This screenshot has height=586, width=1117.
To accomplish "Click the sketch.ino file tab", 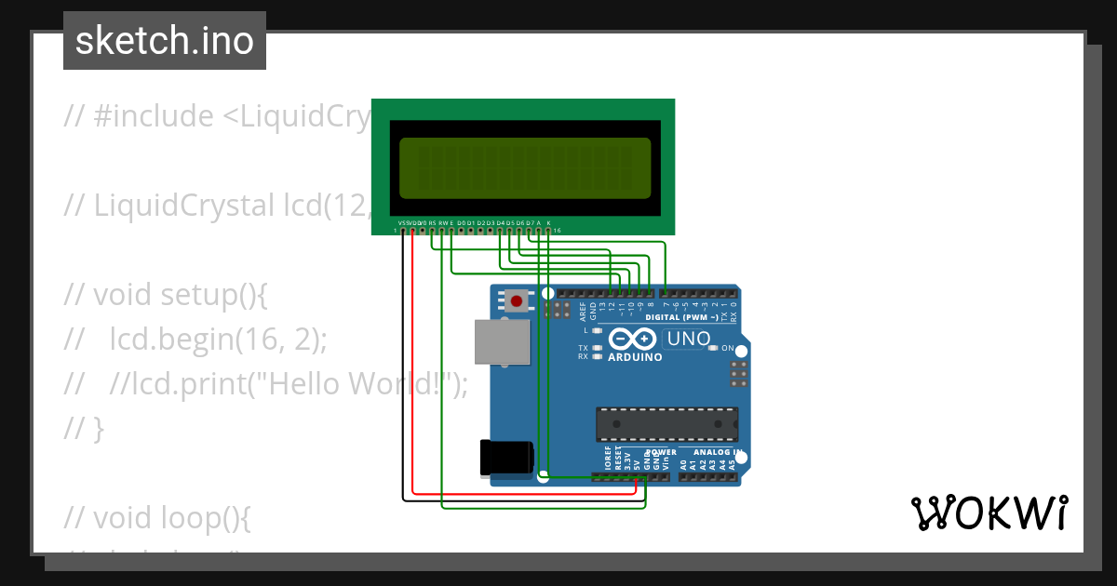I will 165,41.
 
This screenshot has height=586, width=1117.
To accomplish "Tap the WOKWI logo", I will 989,513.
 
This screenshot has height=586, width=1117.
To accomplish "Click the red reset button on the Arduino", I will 516,300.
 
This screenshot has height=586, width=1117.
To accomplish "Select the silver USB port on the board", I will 499,341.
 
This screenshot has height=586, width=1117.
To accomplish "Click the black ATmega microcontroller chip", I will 666,424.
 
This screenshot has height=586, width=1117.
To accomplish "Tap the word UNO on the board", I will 689,339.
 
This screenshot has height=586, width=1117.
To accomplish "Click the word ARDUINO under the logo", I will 635,357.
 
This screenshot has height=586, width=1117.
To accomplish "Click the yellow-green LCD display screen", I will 524,168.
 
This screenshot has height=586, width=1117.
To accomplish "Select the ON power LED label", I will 728,348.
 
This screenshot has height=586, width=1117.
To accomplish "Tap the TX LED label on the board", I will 583,347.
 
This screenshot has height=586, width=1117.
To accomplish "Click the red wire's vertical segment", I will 412,363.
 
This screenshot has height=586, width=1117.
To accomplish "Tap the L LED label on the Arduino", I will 586,330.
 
